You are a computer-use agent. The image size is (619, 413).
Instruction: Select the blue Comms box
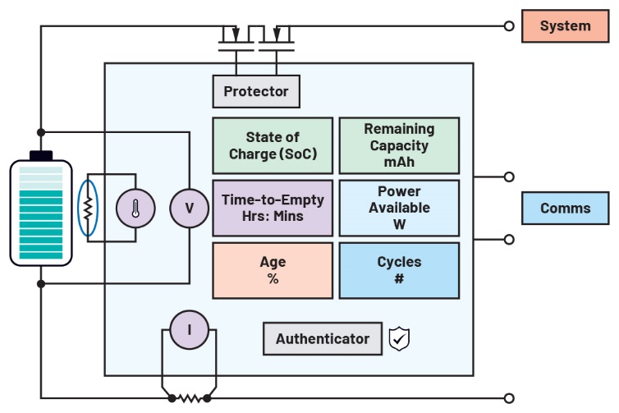click(x=566, y=209)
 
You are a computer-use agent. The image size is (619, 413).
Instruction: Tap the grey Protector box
click(x=256, y=91)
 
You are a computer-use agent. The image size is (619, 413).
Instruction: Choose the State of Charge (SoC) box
click(x=273, y=145)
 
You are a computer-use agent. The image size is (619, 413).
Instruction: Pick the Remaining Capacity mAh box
click(x=400, y=145)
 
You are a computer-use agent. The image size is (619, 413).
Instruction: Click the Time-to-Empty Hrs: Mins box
click(x=273, y=209)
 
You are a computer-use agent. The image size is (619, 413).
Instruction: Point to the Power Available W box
click(x=400, y=209)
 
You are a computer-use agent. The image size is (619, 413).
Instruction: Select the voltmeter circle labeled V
click(x=190, y=209)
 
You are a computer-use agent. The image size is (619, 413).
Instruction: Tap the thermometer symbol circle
click(x=135, y=209)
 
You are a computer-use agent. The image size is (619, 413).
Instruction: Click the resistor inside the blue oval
click(x=87, y=209)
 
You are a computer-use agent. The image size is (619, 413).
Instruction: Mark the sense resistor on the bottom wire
click(x=190, y=398)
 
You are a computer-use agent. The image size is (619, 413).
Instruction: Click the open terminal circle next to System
click(x=509, y=26)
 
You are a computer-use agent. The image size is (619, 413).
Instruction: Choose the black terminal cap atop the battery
click(x=41, y=155)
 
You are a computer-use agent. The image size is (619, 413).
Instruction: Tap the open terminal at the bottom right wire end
click(x=509, y=398)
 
